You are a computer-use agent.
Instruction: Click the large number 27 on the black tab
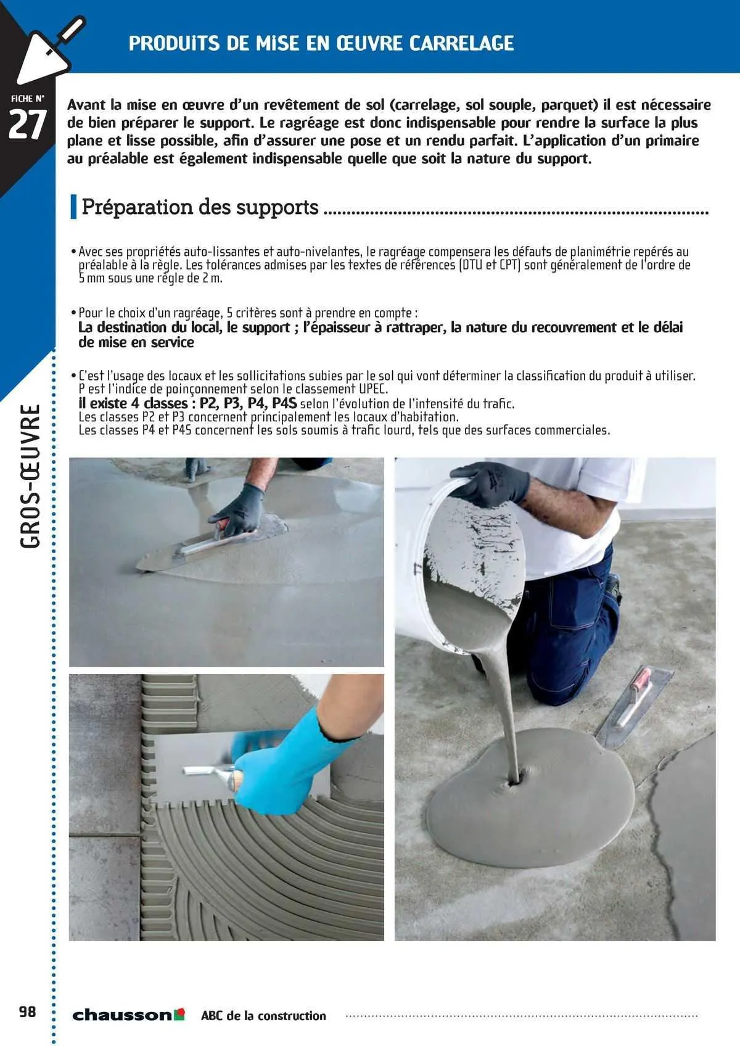27,125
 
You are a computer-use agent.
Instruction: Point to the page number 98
27,1012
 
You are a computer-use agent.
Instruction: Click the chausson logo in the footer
128,1015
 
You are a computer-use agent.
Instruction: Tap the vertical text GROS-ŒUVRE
30,476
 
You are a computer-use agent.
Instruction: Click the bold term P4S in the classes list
284,403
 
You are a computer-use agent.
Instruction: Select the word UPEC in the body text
373,389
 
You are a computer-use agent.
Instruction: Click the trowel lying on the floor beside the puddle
632,706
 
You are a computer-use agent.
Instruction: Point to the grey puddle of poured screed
530,802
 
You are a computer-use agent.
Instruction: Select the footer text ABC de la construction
263,1016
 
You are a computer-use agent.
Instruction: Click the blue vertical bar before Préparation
73,207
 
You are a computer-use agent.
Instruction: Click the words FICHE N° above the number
28,99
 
